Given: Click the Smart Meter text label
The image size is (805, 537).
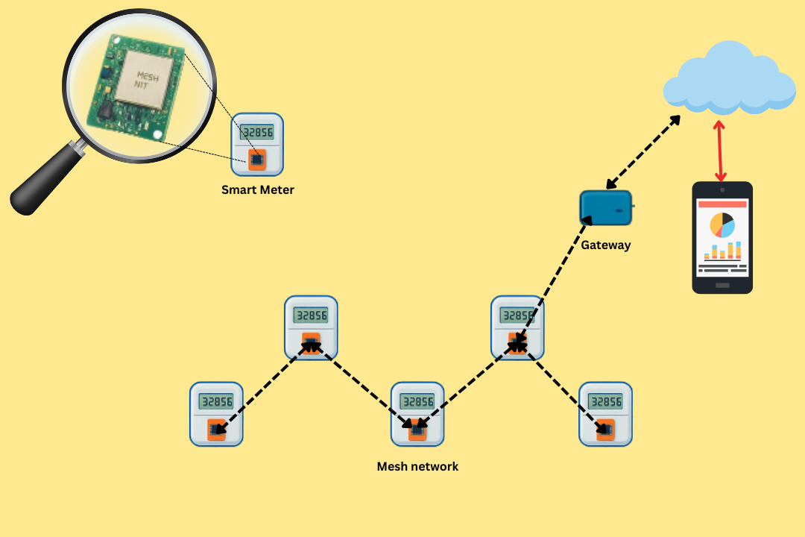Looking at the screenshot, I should coord(258,190).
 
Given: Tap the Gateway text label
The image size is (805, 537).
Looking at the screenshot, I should coord(606,245).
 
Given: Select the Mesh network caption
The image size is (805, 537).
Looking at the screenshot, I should coord(417,467).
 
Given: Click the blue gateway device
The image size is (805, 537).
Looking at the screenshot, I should coord(606,207).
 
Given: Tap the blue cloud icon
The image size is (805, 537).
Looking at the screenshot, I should coord(729,79).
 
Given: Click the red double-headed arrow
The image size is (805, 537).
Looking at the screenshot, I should coord(720,151).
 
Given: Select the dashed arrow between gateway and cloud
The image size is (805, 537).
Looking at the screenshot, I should coord(643,151).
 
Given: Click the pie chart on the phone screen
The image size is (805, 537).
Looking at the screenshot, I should coord(722,224).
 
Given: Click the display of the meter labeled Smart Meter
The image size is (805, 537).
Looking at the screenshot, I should coord(256,132).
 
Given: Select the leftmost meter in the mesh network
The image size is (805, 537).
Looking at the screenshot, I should coord(216,414).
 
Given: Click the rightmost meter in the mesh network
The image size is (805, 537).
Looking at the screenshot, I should coord(605,414).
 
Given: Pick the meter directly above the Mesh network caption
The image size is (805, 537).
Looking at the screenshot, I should coord(417,414).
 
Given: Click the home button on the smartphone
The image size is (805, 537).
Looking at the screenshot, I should coord(722,286).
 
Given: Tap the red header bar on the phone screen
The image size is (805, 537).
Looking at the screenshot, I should coord(722,204).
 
